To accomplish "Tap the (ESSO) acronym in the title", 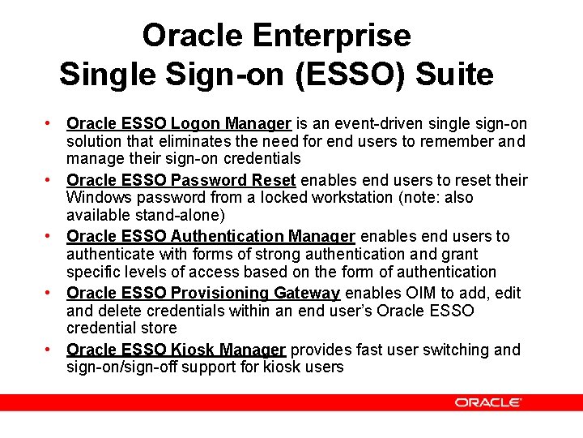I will point(351,75).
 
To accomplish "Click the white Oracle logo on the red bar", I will point(487,402).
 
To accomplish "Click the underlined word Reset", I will point(272,180).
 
